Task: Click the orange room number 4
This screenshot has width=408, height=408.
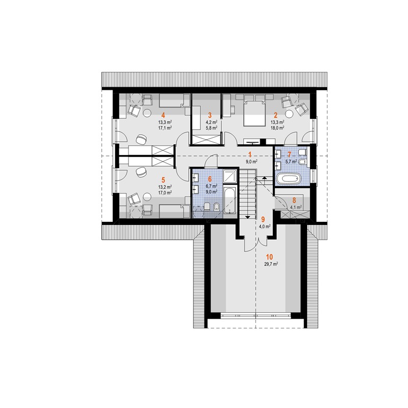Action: pos(163,115)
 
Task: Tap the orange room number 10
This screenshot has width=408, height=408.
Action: pos(269,257)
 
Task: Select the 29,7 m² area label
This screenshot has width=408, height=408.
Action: pos(271,264)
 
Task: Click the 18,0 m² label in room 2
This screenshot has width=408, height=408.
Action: pos(277,128)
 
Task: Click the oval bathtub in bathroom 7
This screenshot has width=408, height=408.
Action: pos(289,179)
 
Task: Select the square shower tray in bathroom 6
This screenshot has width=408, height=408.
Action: pos(230,176)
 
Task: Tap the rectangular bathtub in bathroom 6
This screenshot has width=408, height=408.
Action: pos(230,199)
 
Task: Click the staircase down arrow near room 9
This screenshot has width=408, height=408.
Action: pos(247,217)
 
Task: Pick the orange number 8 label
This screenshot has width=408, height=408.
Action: pos(294,200)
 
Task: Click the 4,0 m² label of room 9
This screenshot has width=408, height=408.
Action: pos(265,226)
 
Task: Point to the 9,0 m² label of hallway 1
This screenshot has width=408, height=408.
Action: pos(251,162)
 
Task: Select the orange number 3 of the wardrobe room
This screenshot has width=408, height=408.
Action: pos(210,115)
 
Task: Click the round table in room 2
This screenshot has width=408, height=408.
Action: pos(289,114)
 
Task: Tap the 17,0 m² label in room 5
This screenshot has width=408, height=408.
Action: pos(165,193)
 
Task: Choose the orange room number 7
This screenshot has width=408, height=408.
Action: pos(289,155)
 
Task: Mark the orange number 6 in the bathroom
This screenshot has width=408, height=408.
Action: pos(210,180)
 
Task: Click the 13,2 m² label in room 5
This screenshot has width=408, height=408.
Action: pos(165,187)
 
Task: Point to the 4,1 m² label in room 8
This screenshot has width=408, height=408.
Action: pos(296,208)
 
